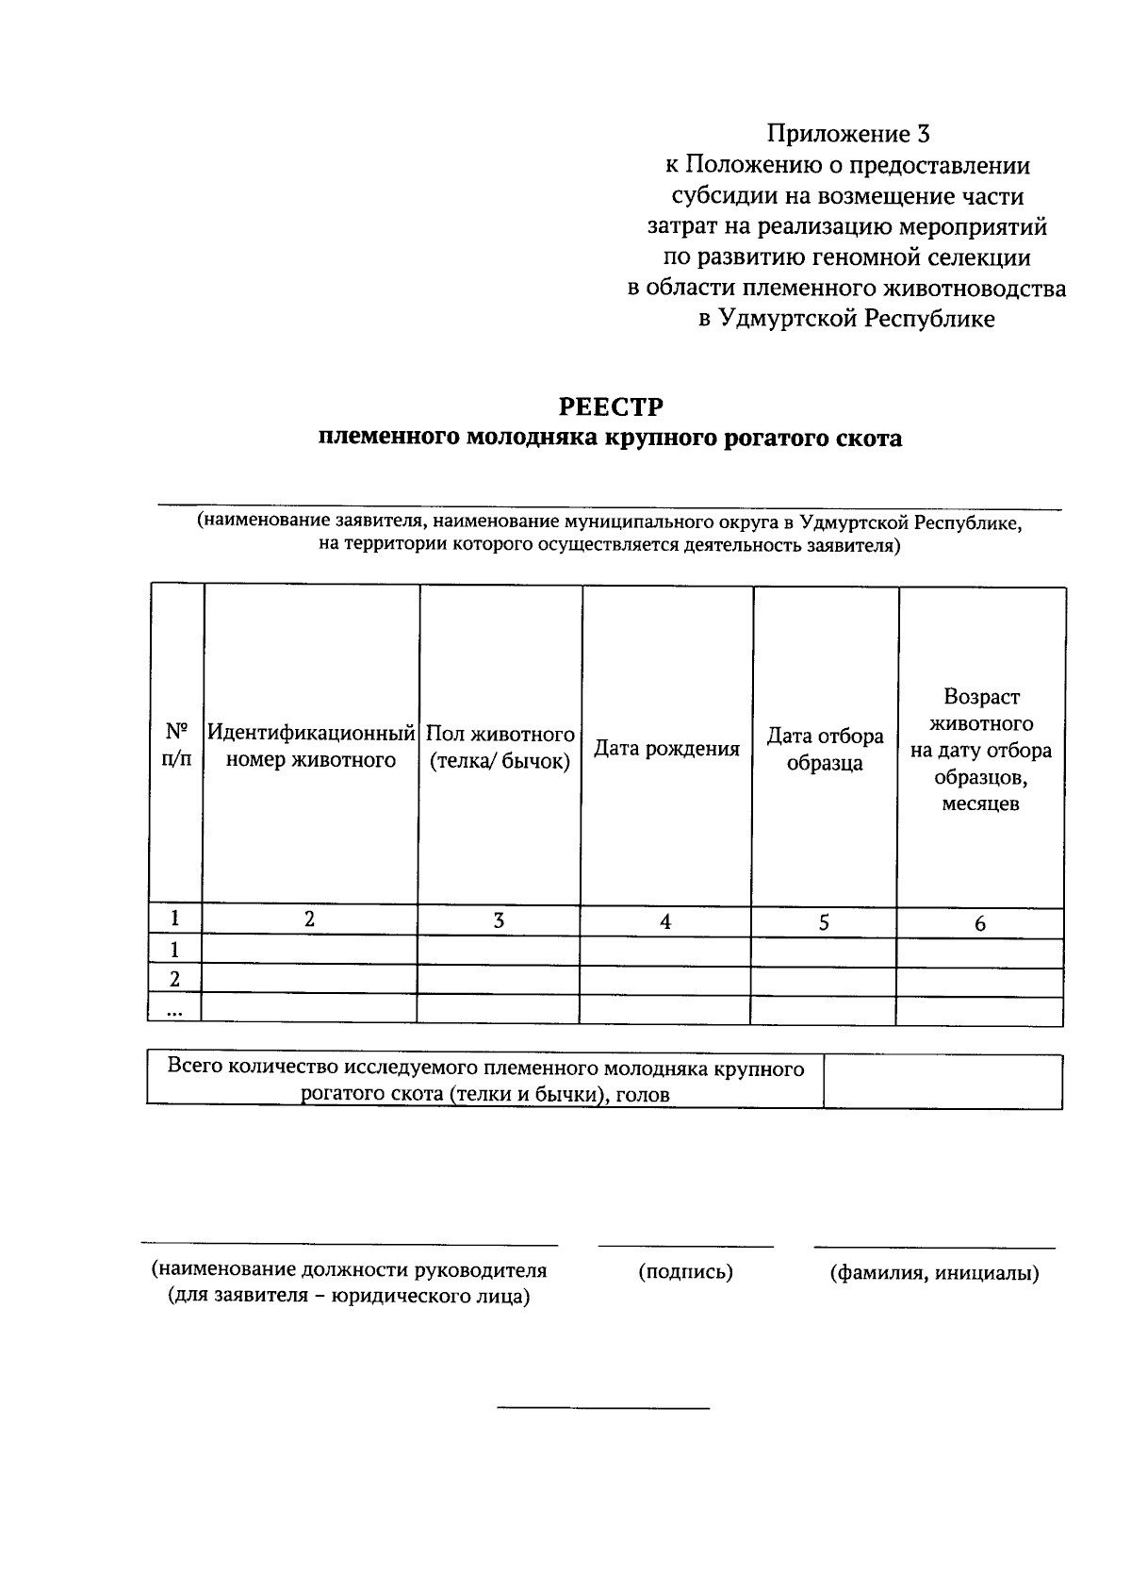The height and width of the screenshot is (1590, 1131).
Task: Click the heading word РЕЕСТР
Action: pyautogui.click(x=611, y=406)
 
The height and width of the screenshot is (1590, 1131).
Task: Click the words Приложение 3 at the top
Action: pyautogui.click(x=847, y=134)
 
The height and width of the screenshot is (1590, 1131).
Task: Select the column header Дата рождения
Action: pyautogui.click(x=666, y=749)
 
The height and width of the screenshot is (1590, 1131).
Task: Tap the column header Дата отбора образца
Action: pyautogui.click(x=825, y=749)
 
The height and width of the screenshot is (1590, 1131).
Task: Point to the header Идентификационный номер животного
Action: pyautogui.click(x=311, y=746)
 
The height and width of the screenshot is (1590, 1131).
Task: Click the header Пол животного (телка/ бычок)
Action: pyautogui.click(x=500, y=747)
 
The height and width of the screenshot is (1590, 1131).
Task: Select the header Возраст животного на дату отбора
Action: pyautogui.click(x=980, y=750)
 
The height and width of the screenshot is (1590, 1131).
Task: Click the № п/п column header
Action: pyautogui.click(x=176, y=745)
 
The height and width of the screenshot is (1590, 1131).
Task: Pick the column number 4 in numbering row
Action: pyautogui.click(x=665, y=922)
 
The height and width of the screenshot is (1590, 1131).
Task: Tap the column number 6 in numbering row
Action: pyautogui.click(x=980, y=924)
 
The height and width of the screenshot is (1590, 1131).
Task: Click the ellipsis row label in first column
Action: pyautogui.click(x=175, y=1010)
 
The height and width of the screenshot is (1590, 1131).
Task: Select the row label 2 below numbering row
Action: pyautogui.click(x=174, y=980)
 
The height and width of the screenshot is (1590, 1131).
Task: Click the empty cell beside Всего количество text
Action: pyautogui.click(x=942, y=1081)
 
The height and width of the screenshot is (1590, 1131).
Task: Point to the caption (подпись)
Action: pyautogui.click(x=685, y=1272)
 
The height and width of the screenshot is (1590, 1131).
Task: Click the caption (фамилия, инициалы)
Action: pyautogui.click(x=934, y=1274)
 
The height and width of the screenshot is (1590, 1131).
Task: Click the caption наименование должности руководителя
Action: pyautogui.click(x=350, y=1270)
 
